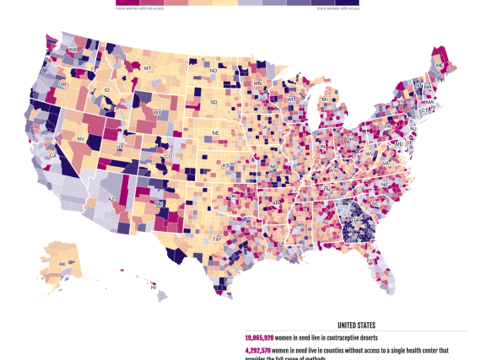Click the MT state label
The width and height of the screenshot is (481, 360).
point(147,67)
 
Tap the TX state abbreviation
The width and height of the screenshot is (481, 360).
point(217,239)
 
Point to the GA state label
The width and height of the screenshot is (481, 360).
point(355,220)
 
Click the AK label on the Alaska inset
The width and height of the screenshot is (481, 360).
point(62,265)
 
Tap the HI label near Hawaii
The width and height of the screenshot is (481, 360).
point(154,287)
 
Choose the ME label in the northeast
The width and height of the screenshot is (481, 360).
point(439,65)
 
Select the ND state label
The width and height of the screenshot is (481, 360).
point(213,71)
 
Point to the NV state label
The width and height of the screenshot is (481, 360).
point(81,139)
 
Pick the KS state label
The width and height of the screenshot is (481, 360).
point(225,165)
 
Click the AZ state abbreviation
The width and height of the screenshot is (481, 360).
point(111,199)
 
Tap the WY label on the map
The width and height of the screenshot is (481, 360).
point(157,112)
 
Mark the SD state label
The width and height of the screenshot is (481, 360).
point(213,102)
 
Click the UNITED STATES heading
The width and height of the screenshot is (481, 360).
point(356,325)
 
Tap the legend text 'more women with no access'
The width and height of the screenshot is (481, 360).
point(139,7)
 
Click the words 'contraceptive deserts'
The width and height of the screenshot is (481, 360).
point(349,337)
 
